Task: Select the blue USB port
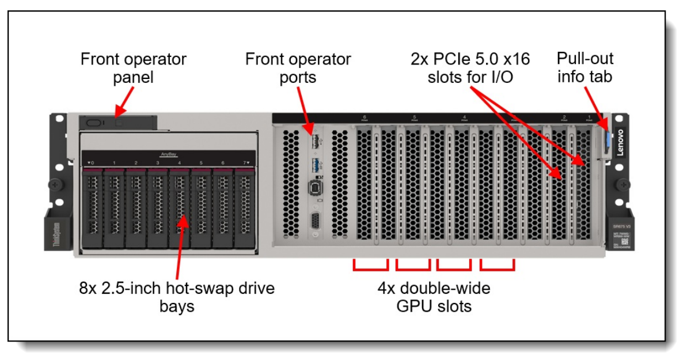(315, 164)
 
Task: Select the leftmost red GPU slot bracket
(370, 264)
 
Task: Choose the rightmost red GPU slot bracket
(497, 264)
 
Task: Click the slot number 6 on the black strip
(365, 118)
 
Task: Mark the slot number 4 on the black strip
(464, 118)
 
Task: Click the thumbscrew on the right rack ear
(622, 184)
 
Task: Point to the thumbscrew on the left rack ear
(55, 185)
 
